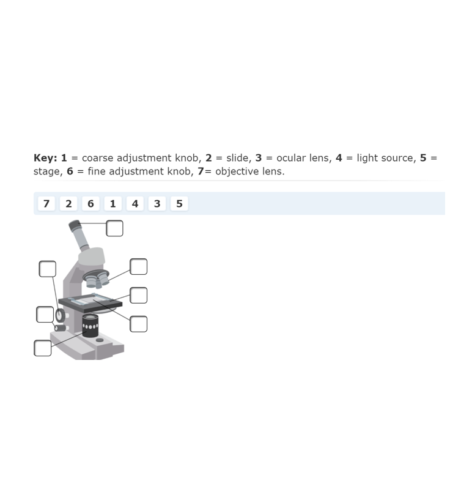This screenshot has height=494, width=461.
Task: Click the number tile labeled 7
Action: point(46,204)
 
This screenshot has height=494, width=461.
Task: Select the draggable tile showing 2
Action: point(68,204)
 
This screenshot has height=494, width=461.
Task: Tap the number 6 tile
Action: point(90,204)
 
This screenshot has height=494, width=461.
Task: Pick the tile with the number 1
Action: point(112,204)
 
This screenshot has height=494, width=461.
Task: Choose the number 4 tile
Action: point(135,204)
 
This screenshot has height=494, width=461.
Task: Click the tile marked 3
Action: point(157,204)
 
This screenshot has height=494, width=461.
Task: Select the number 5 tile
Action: point(179,204)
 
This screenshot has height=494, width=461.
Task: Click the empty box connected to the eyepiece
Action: point(114,228)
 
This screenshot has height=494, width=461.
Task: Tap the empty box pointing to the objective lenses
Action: point(139,267)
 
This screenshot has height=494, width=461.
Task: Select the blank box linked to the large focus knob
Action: point(48,269)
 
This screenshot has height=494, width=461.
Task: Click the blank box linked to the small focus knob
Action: point(45,315)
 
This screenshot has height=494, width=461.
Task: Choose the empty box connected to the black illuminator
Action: point(43,348)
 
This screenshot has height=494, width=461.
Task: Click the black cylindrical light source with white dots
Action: point(90,326)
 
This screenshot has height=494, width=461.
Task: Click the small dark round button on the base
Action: point(100,340)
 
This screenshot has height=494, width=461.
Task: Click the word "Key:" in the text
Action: point(45,158)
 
